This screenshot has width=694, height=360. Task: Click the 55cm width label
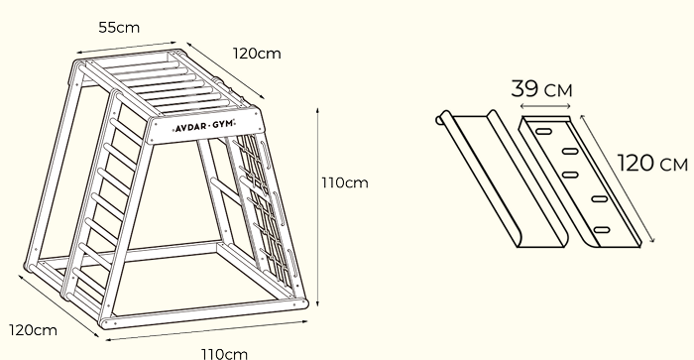(119, 27)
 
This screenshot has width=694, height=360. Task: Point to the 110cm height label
(344, 182)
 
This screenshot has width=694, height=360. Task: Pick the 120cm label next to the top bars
(256, 53)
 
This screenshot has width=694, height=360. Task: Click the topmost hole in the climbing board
(543, 129)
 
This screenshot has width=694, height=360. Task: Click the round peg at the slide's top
(441, 121)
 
